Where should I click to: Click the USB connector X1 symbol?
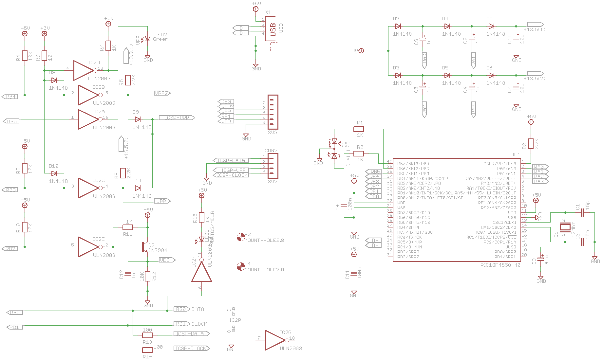[271, 28]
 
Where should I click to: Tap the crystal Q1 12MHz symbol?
[565, 227]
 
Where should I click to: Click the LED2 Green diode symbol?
[147, 39]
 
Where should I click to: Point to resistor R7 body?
[108, 46]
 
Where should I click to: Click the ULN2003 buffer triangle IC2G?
[274, 340]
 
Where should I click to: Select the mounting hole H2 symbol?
[241, 237]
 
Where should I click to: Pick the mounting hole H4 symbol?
[241, 266]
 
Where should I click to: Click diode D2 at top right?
[398, 26]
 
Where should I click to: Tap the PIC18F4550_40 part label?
[500, 265]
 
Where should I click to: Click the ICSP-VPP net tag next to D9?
[177, 118]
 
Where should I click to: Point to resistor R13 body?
[147, 335]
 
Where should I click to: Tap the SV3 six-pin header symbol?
[273, 112]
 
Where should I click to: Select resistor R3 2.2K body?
[531, 143]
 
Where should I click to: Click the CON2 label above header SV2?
[271, 151]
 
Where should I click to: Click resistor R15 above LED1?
[202, 218]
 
